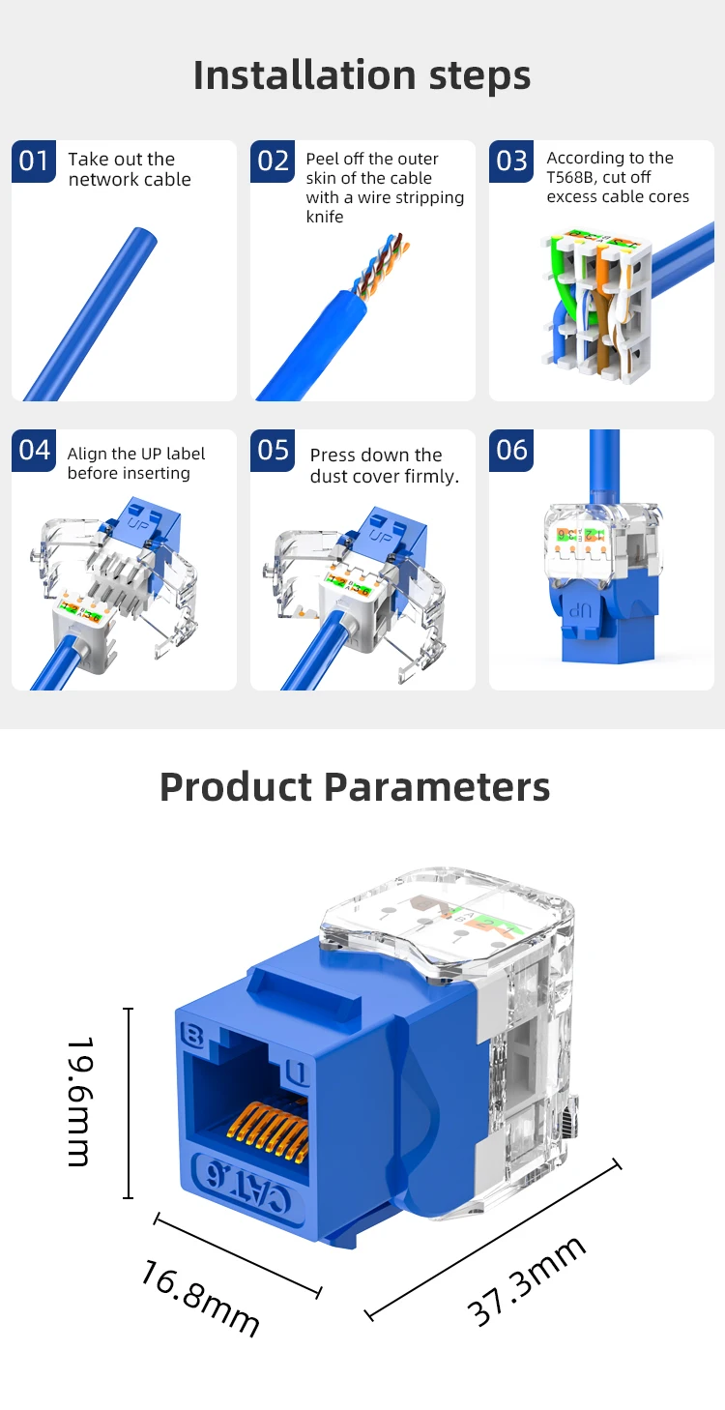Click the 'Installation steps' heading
pos(362,75)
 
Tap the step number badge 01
pos(34,161)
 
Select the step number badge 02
pos(273,161)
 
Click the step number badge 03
pos(511,161)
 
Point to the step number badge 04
pos(34,451)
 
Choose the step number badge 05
pos(273,451)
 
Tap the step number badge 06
pos(511,451)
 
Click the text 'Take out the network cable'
pos(129,169)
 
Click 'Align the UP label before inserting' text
pos(135,463)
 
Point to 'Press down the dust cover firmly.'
pos(384,465)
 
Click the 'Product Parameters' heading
pos(355,787)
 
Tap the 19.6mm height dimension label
pos(80,1102)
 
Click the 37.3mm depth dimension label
pos(527,1281)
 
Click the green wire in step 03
pos(559,280)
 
